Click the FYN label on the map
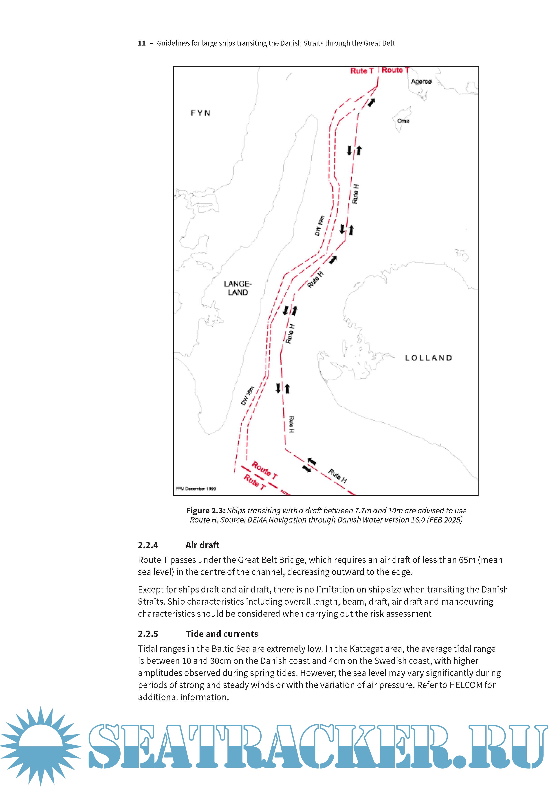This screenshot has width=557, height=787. tap(200, 113)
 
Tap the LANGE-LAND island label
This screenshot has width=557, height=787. tap(238, 288)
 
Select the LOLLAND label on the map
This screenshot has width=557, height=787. tap(428, 358)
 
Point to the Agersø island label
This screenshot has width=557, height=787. tap(421, 82)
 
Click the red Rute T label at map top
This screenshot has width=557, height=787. tap(362, 71)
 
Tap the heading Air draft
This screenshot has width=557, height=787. tap(202, 545)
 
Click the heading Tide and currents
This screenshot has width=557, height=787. tap(222, 634)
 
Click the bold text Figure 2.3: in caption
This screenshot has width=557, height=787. tap(205, 510)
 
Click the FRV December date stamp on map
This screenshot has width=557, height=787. tap(196, 489)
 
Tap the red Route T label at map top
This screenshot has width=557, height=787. tap(395, 70)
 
